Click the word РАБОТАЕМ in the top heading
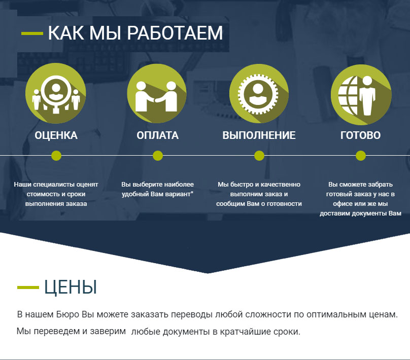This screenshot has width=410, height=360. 175,33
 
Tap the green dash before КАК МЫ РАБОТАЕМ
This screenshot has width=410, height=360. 32,33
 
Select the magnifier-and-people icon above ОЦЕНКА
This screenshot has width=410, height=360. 56,93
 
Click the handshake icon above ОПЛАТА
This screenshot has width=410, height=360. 157,93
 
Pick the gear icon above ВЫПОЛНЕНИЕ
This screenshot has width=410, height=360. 259,94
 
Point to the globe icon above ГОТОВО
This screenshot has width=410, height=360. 361,94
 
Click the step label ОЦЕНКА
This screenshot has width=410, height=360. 56,135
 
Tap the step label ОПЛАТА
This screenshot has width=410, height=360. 157,135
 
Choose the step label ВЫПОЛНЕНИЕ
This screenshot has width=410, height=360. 259,135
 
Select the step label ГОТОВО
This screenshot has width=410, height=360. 360,135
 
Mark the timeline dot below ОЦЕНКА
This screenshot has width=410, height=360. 56,156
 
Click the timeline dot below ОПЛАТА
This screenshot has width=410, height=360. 158,156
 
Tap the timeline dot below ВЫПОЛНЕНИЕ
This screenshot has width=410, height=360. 259,156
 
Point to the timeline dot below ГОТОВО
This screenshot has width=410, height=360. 361,156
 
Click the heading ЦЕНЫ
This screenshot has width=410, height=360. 71,287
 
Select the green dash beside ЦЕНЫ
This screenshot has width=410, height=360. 28,287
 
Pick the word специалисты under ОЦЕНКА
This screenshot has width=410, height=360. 54,185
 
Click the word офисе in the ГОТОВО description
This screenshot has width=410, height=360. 341,204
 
